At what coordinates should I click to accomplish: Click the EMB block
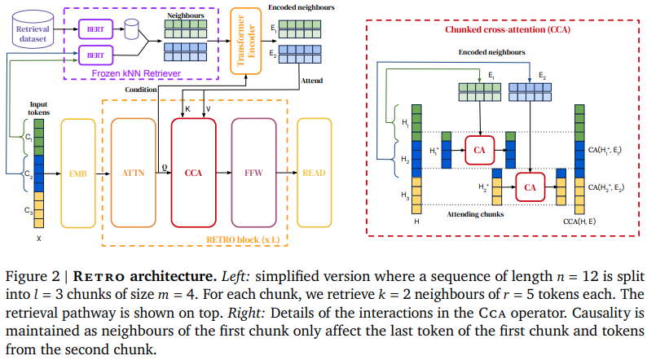78,173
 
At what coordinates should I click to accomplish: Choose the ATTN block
132,173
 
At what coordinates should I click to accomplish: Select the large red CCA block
193,173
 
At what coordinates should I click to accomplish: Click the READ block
315,173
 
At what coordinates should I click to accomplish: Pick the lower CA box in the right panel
530,187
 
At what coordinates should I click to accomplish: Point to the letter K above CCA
187,108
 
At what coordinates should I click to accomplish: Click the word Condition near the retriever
141,90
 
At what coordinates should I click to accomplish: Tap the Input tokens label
38,108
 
